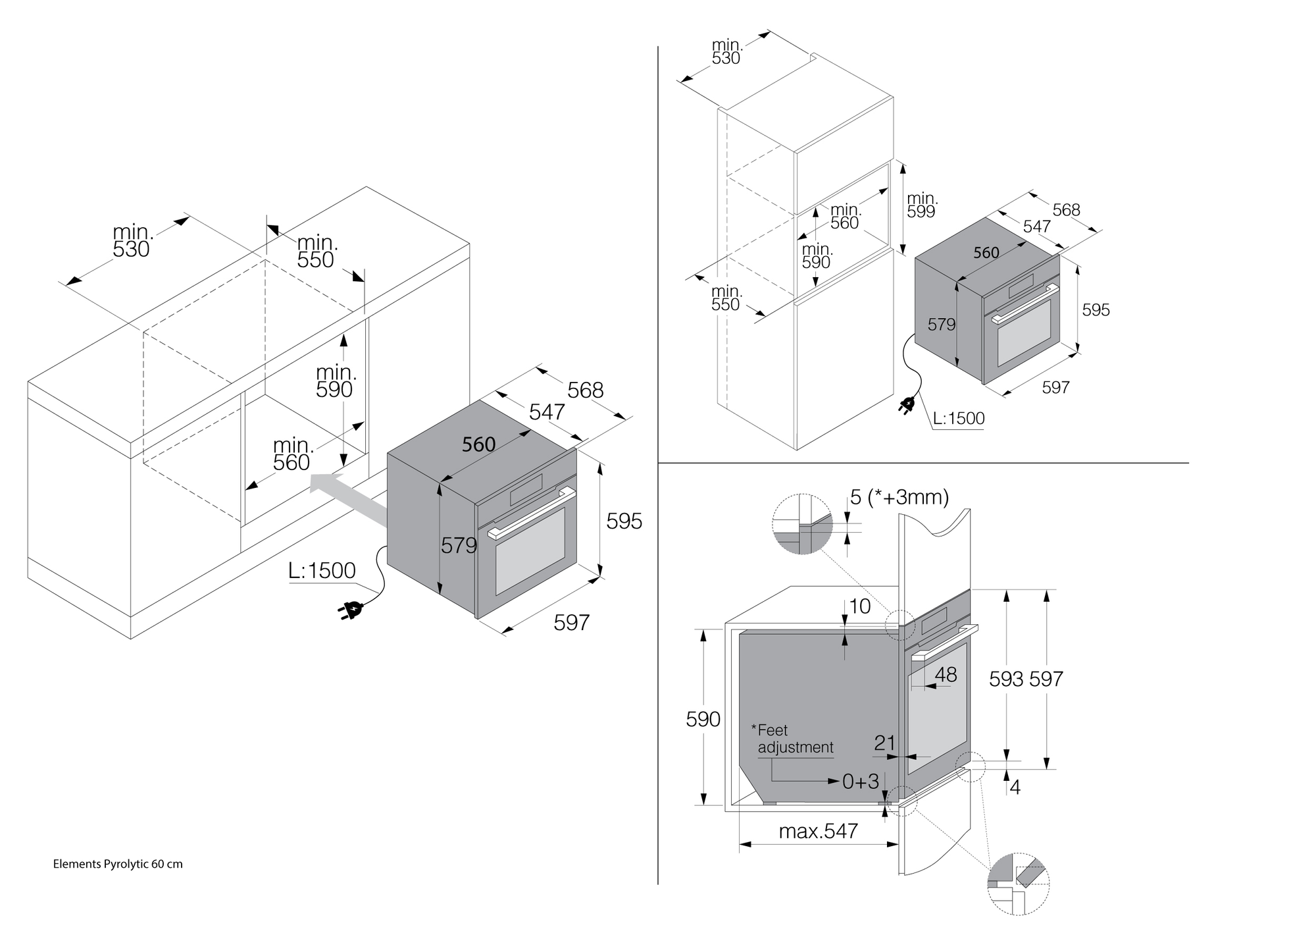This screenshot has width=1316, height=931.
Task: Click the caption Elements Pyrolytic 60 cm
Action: tap(118, 864)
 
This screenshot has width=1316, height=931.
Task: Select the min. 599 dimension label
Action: tap(922, 205)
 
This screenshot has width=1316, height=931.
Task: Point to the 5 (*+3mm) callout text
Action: tap(899, 497)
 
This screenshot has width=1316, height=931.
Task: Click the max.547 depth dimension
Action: tap(818, 832)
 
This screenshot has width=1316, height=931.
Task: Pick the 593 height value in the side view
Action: tap(1006, 679)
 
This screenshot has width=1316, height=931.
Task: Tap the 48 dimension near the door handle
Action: tap(946, 674)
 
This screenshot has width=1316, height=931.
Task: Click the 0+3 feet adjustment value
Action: tap(860, 782)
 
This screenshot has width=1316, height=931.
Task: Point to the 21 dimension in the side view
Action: tap(885, 743)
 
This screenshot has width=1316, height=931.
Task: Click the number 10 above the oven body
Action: tap(860, 606)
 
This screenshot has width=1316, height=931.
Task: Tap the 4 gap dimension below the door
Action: tap(1015, 787)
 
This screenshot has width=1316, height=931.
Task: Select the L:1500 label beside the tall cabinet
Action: tap(959, 418)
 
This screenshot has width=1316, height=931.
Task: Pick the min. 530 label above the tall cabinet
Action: tap(726, 52)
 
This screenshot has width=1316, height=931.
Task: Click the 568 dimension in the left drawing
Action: tap(585, 390)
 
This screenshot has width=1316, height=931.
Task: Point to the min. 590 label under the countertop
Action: tap(336, 382)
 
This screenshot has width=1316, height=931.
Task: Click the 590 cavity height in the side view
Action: tap(703, 719)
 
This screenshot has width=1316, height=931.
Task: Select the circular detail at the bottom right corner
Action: tap(1018, 883)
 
